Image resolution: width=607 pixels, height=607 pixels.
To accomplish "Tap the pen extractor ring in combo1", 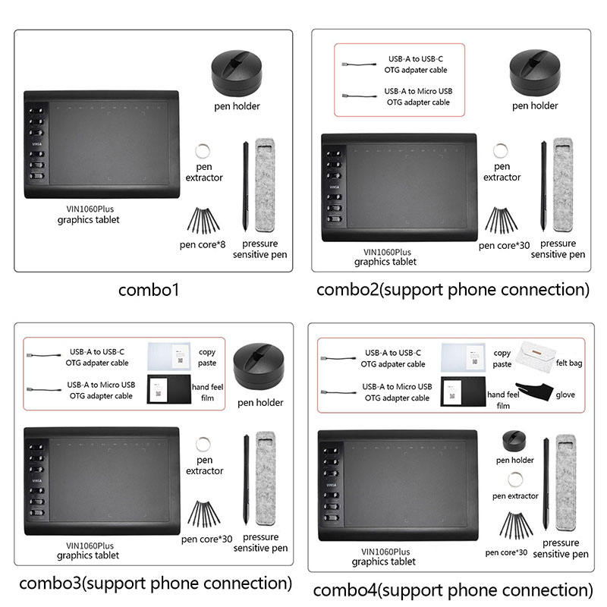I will point(204,149).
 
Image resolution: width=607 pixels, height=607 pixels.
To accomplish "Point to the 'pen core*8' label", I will point(203,244).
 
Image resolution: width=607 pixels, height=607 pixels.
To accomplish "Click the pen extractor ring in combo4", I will point(515,479).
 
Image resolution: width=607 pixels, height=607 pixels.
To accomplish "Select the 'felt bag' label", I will point(568,363).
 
